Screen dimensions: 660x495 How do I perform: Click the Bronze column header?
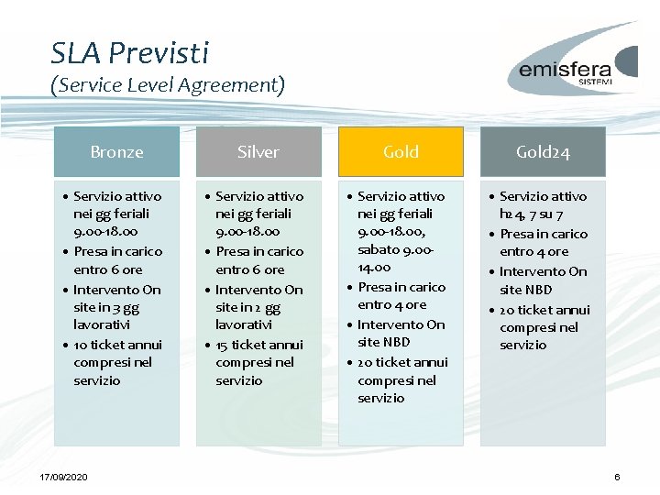(x=116, y=152)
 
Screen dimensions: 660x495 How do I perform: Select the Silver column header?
(x=258, y=152)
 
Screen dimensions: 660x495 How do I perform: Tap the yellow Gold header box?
(x=401, y=152)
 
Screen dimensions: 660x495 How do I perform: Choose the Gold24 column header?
(x=543, y=152)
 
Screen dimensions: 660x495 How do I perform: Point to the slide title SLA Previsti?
(x=130, y=52)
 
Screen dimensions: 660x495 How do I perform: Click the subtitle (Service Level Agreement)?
(x=168, y=85)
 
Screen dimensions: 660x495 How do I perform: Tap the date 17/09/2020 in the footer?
(x=64, y=478)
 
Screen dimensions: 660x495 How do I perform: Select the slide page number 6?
(x=617, y=478)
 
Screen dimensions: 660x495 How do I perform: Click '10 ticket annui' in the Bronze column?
(x=117, y=345)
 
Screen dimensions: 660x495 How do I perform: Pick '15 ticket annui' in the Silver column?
(x=259, y=345)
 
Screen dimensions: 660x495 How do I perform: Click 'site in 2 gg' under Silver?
(x=247, y=307)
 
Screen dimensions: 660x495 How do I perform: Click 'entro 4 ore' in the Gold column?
(x=391, y=305)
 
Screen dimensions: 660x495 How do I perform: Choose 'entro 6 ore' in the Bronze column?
(x=108, y=269)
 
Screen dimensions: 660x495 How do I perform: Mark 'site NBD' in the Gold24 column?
(x=526, y=290)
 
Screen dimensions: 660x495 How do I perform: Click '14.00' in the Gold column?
(x=374, y=268)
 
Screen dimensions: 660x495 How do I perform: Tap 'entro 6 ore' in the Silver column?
(x=250, y=269)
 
